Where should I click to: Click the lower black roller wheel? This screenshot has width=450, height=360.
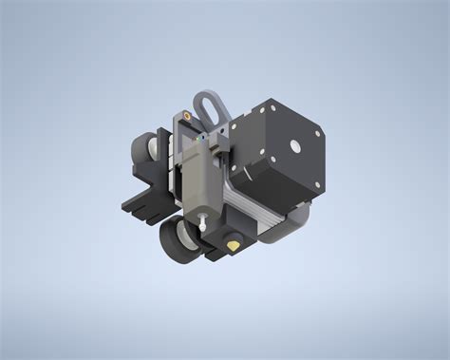(178, 243)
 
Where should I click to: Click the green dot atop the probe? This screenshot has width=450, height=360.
(203, 135)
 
